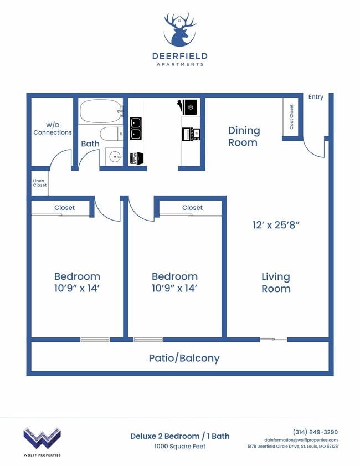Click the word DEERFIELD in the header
179,56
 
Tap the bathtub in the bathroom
100,111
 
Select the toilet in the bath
110,134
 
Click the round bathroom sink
115,157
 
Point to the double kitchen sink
136,128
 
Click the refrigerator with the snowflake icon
190,106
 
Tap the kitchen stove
190,134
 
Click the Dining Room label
244,136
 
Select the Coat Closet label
292,117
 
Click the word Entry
316,97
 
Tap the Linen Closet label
40,183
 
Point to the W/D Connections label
53,129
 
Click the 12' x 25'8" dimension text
276,225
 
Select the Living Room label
276,282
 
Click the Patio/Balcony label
184,358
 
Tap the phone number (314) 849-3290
315,432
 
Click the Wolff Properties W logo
42,438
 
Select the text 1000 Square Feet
179,446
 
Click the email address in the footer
301,439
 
